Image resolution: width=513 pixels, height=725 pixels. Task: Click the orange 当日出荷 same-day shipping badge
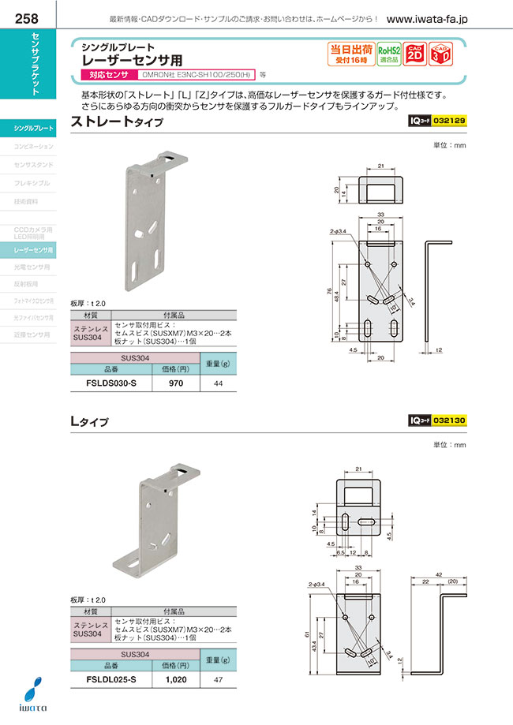[350, 53]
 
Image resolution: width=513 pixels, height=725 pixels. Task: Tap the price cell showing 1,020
[176, 679]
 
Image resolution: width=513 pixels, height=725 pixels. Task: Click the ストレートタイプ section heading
[118, 122]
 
